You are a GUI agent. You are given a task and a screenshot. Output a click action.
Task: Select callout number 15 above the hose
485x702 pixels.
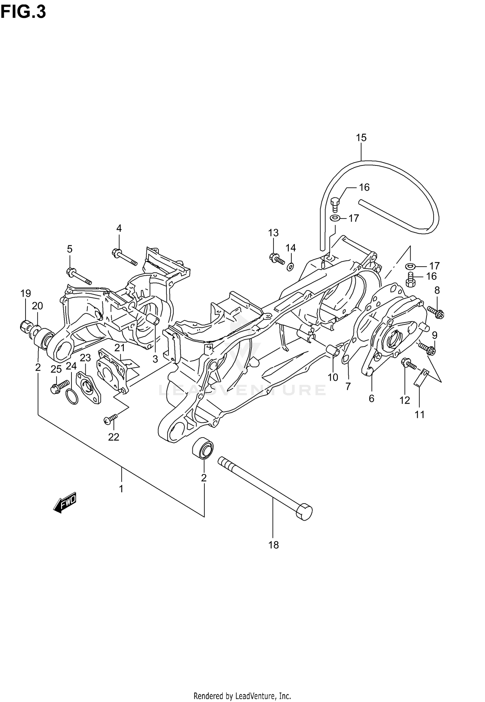tap(361, 138)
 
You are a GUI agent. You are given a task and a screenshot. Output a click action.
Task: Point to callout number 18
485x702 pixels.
tap(274, 545)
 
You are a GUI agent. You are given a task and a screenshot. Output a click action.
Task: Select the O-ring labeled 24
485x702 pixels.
tap(72, 397)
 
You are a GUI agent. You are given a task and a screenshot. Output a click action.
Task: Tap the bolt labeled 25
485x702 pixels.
tap(59, 386)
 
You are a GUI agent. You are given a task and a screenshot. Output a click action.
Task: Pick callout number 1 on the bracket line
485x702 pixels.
tap(121, 489)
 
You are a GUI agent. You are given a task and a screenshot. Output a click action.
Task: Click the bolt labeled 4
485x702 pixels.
tap(125, 257)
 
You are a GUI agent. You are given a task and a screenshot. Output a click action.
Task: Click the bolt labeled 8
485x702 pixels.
tap(436, 312)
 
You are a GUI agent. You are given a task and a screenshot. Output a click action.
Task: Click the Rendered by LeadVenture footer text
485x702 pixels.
tap(242, 694)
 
